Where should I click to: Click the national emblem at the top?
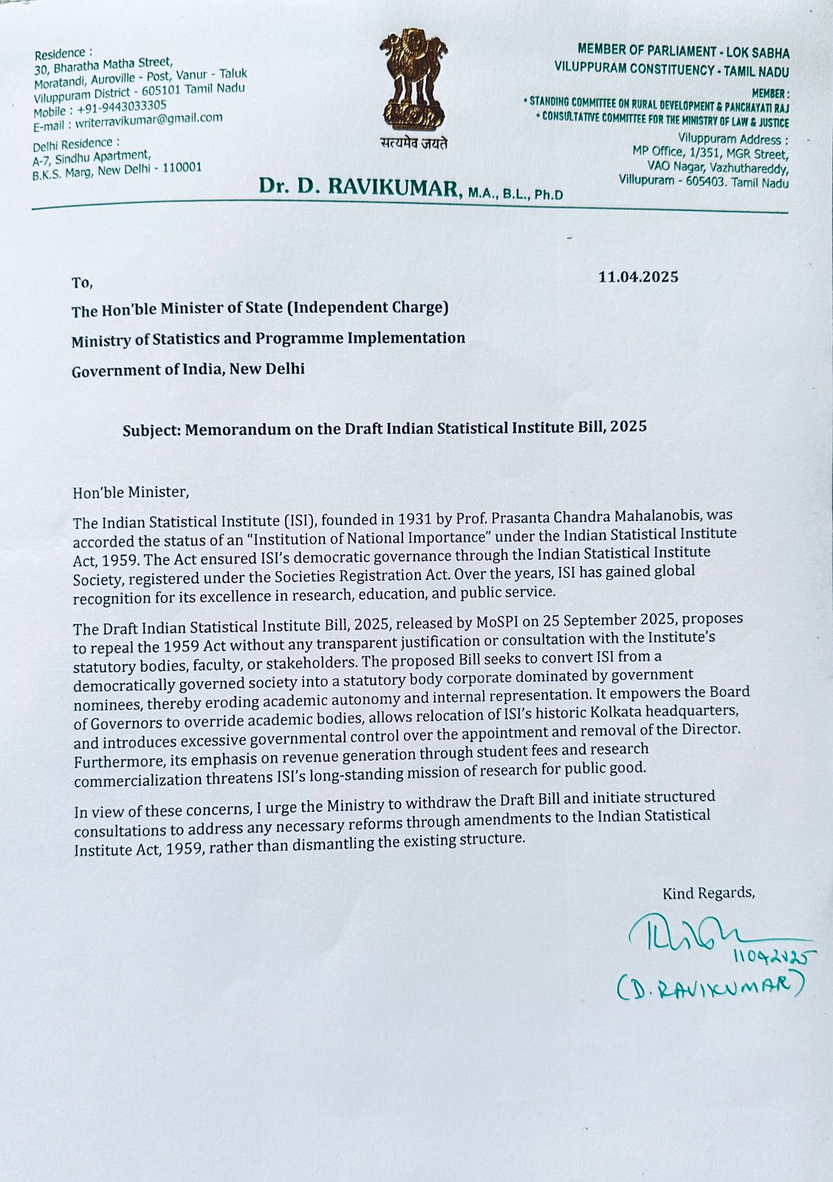coord(414,81)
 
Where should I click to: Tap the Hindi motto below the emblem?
coord(414,143)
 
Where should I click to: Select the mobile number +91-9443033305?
coord(125,106)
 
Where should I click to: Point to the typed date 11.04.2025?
coord(638,278)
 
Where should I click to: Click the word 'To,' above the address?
coord(82,282)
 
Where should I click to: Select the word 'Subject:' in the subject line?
coord(151,430)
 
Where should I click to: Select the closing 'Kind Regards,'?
coord(708,893)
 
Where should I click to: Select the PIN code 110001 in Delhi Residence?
coord(180,168)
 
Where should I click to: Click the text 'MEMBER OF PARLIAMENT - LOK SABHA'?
coord(683,52)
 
